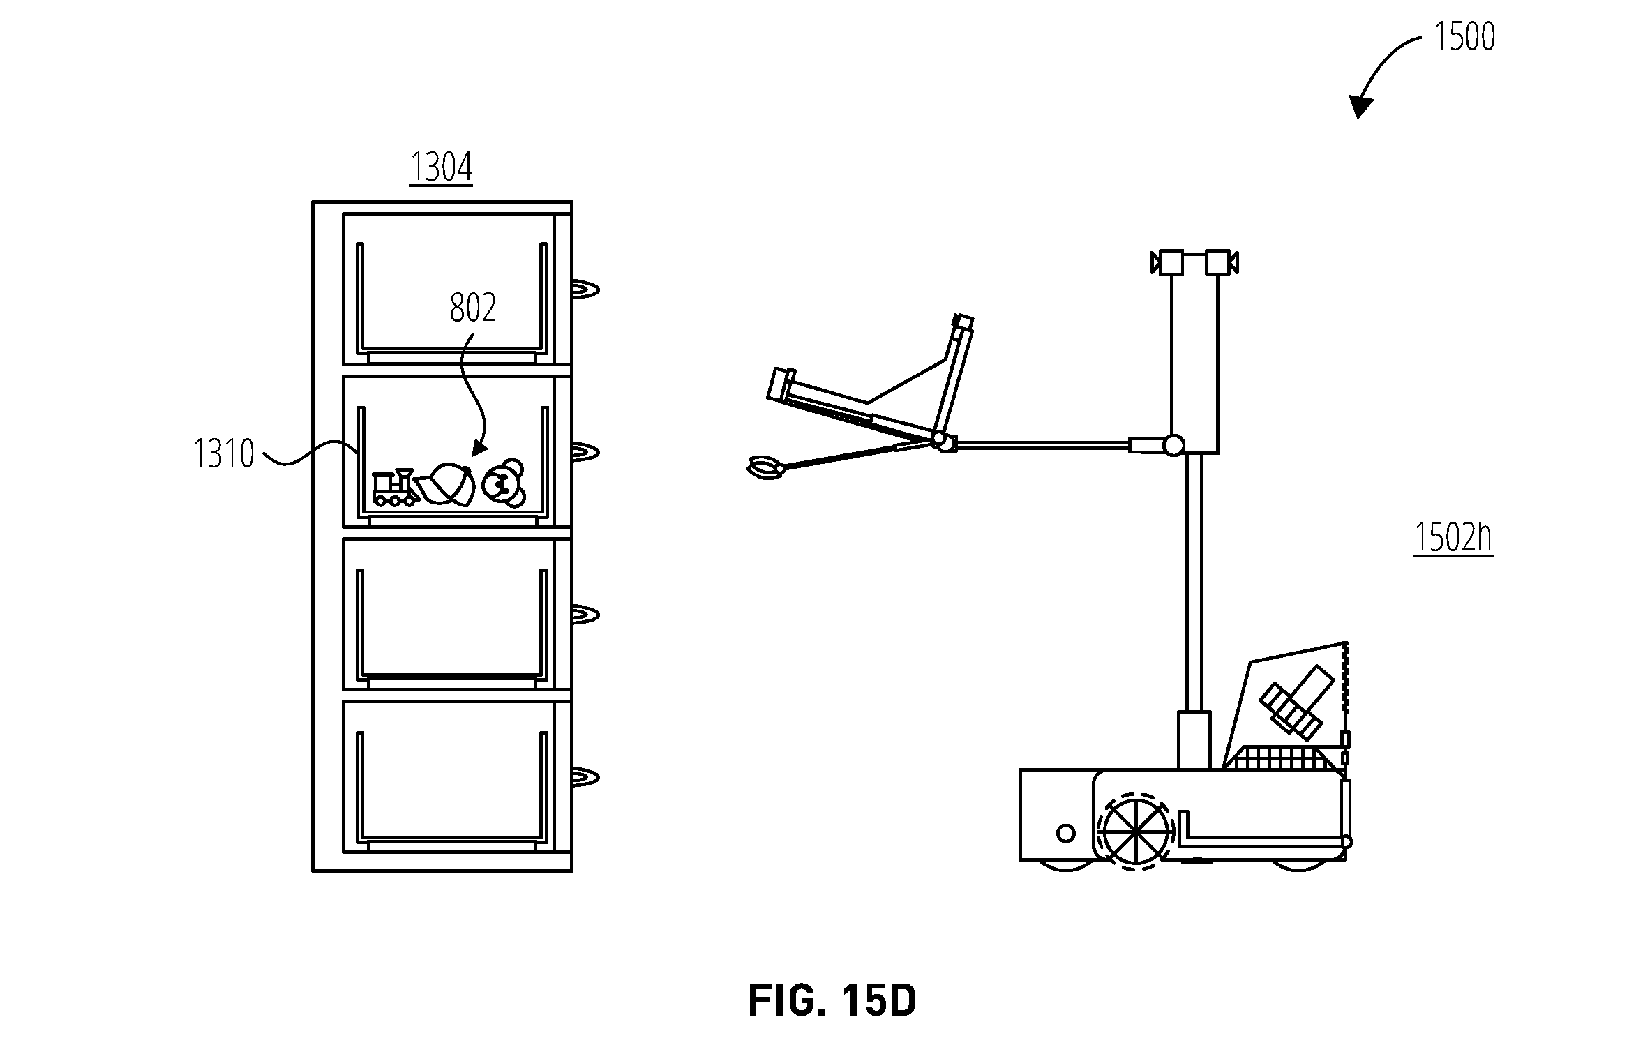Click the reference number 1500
(x=1464, y=37)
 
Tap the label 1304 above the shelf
(x=441, y=167)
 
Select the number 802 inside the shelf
(x=472, y=308)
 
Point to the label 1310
(x=224, y=453)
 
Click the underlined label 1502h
(x=1453, y=537)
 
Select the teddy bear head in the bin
(x=504, y=483)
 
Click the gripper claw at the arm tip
(x=766, y=466)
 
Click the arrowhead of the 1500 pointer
(x=1360, y=107)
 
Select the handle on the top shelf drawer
(x=585, y=289)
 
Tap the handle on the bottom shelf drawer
(x=585, y=776)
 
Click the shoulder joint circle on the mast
(x=1173, y=444)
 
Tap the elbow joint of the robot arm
(x=941, y=442)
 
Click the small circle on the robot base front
(x=1065, y=832)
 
